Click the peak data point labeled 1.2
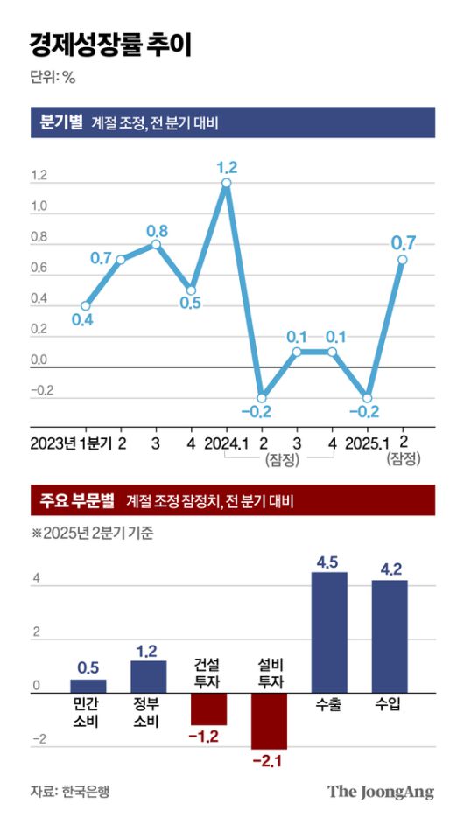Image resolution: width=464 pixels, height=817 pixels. click(x=226, y=183)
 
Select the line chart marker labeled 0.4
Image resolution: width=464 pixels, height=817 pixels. click(x=84, y=305)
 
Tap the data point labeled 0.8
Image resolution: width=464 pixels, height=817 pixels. click(x=156, y=244)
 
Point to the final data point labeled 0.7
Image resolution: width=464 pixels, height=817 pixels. click(x=403, y=260)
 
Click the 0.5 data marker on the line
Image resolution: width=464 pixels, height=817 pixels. click(x=191, y=290)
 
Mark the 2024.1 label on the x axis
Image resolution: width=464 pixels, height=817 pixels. click(x=226, y=443)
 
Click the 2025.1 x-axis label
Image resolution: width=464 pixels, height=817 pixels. click(x=368, y=443)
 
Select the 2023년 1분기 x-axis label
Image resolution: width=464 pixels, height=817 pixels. click(x=71, y=443)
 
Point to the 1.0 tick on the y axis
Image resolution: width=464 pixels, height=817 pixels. click(x=39, y=207)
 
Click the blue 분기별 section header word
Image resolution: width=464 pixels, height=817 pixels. click(x=59, y=122)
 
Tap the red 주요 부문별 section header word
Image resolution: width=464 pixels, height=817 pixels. click(x=77, y=501)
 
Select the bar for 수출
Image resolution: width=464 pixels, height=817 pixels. click(x=330, y=632)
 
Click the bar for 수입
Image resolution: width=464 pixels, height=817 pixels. click(x=390, y=637)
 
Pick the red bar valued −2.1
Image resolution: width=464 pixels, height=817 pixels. click(x=269, y=721)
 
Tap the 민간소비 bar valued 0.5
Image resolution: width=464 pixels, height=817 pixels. click(x=88, y=686)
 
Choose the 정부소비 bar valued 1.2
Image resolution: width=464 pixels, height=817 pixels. click(x=149, y=676)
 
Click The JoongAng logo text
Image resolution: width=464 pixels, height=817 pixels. click(x=381, y=792)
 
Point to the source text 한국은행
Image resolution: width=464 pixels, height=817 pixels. click(x=86, y=792)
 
